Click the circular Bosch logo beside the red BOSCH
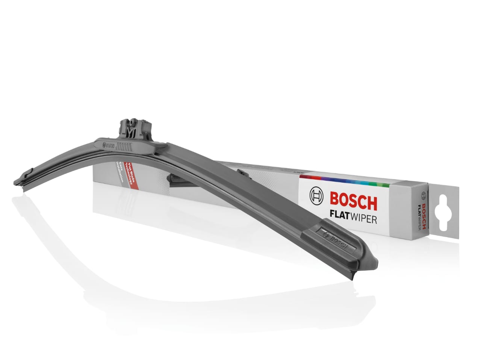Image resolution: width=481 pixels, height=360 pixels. point(316,196)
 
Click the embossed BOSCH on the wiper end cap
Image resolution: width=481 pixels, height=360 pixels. point(338,241)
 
